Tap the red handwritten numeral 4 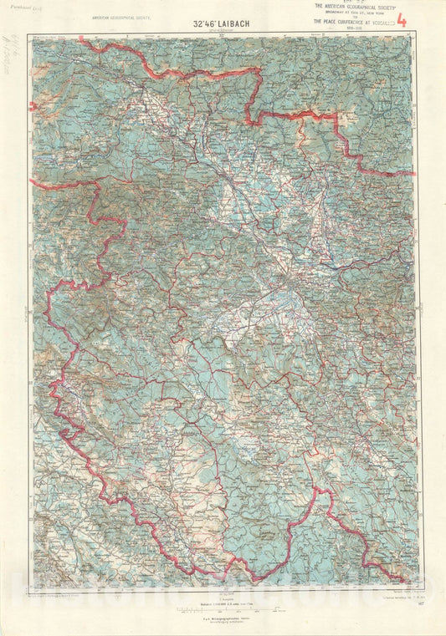(x=401, y=20)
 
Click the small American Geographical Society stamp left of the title (x=126, y=15)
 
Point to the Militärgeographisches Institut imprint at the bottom (x=219, y=616)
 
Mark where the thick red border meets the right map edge (x=416, y=174)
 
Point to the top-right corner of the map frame (x=418, y=35)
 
